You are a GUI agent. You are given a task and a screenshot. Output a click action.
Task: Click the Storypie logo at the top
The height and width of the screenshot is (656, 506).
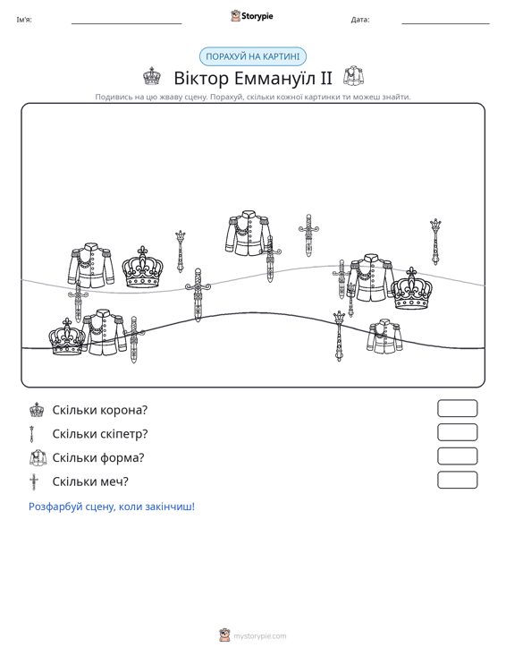(251, 16)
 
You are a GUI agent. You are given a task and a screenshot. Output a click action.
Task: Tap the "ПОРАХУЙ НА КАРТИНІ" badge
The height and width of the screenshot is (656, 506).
(252, 56)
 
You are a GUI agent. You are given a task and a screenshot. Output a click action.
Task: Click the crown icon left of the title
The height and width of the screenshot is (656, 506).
(152, 76)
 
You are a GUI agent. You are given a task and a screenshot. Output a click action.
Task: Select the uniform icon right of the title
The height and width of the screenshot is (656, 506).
(353, 76)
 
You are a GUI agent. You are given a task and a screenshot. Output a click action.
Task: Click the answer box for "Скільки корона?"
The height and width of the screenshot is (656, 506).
(457, 408)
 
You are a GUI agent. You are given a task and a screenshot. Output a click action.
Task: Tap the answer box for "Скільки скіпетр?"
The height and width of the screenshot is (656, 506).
(457, 432)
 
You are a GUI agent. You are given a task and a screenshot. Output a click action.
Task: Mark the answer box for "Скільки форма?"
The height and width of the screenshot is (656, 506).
(457, 456)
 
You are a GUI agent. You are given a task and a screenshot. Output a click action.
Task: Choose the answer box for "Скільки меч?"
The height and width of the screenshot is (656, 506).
(457, 480)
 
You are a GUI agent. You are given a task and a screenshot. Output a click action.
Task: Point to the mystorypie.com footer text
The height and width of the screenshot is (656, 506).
(259, 636)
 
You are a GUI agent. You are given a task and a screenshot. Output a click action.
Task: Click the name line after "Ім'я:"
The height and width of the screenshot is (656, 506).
(127, 23)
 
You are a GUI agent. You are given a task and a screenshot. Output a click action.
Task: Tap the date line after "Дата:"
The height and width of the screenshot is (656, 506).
(445, 23)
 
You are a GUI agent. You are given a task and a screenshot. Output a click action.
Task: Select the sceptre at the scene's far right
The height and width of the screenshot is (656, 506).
(435, 242)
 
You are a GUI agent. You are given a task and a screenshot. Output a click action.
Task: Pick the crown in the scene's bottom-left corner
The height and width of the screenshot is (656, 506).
(67, 337)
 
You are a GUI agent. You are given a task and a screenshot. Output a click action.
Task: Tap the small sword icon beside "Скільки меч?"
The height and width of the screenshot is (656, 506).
(33, 481)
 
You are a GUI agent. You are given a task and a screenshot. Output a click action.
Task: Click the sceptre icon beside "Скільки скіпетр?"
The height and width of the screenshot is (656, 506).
(31, 434)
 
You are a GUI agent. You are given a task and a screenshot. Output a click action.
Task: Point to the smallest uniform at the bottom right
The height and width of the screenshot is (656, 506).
(384, 337)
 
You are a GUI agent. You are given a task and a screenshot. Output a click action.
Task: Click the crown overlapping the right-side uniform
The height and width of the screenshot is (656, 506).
(411, 289)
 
